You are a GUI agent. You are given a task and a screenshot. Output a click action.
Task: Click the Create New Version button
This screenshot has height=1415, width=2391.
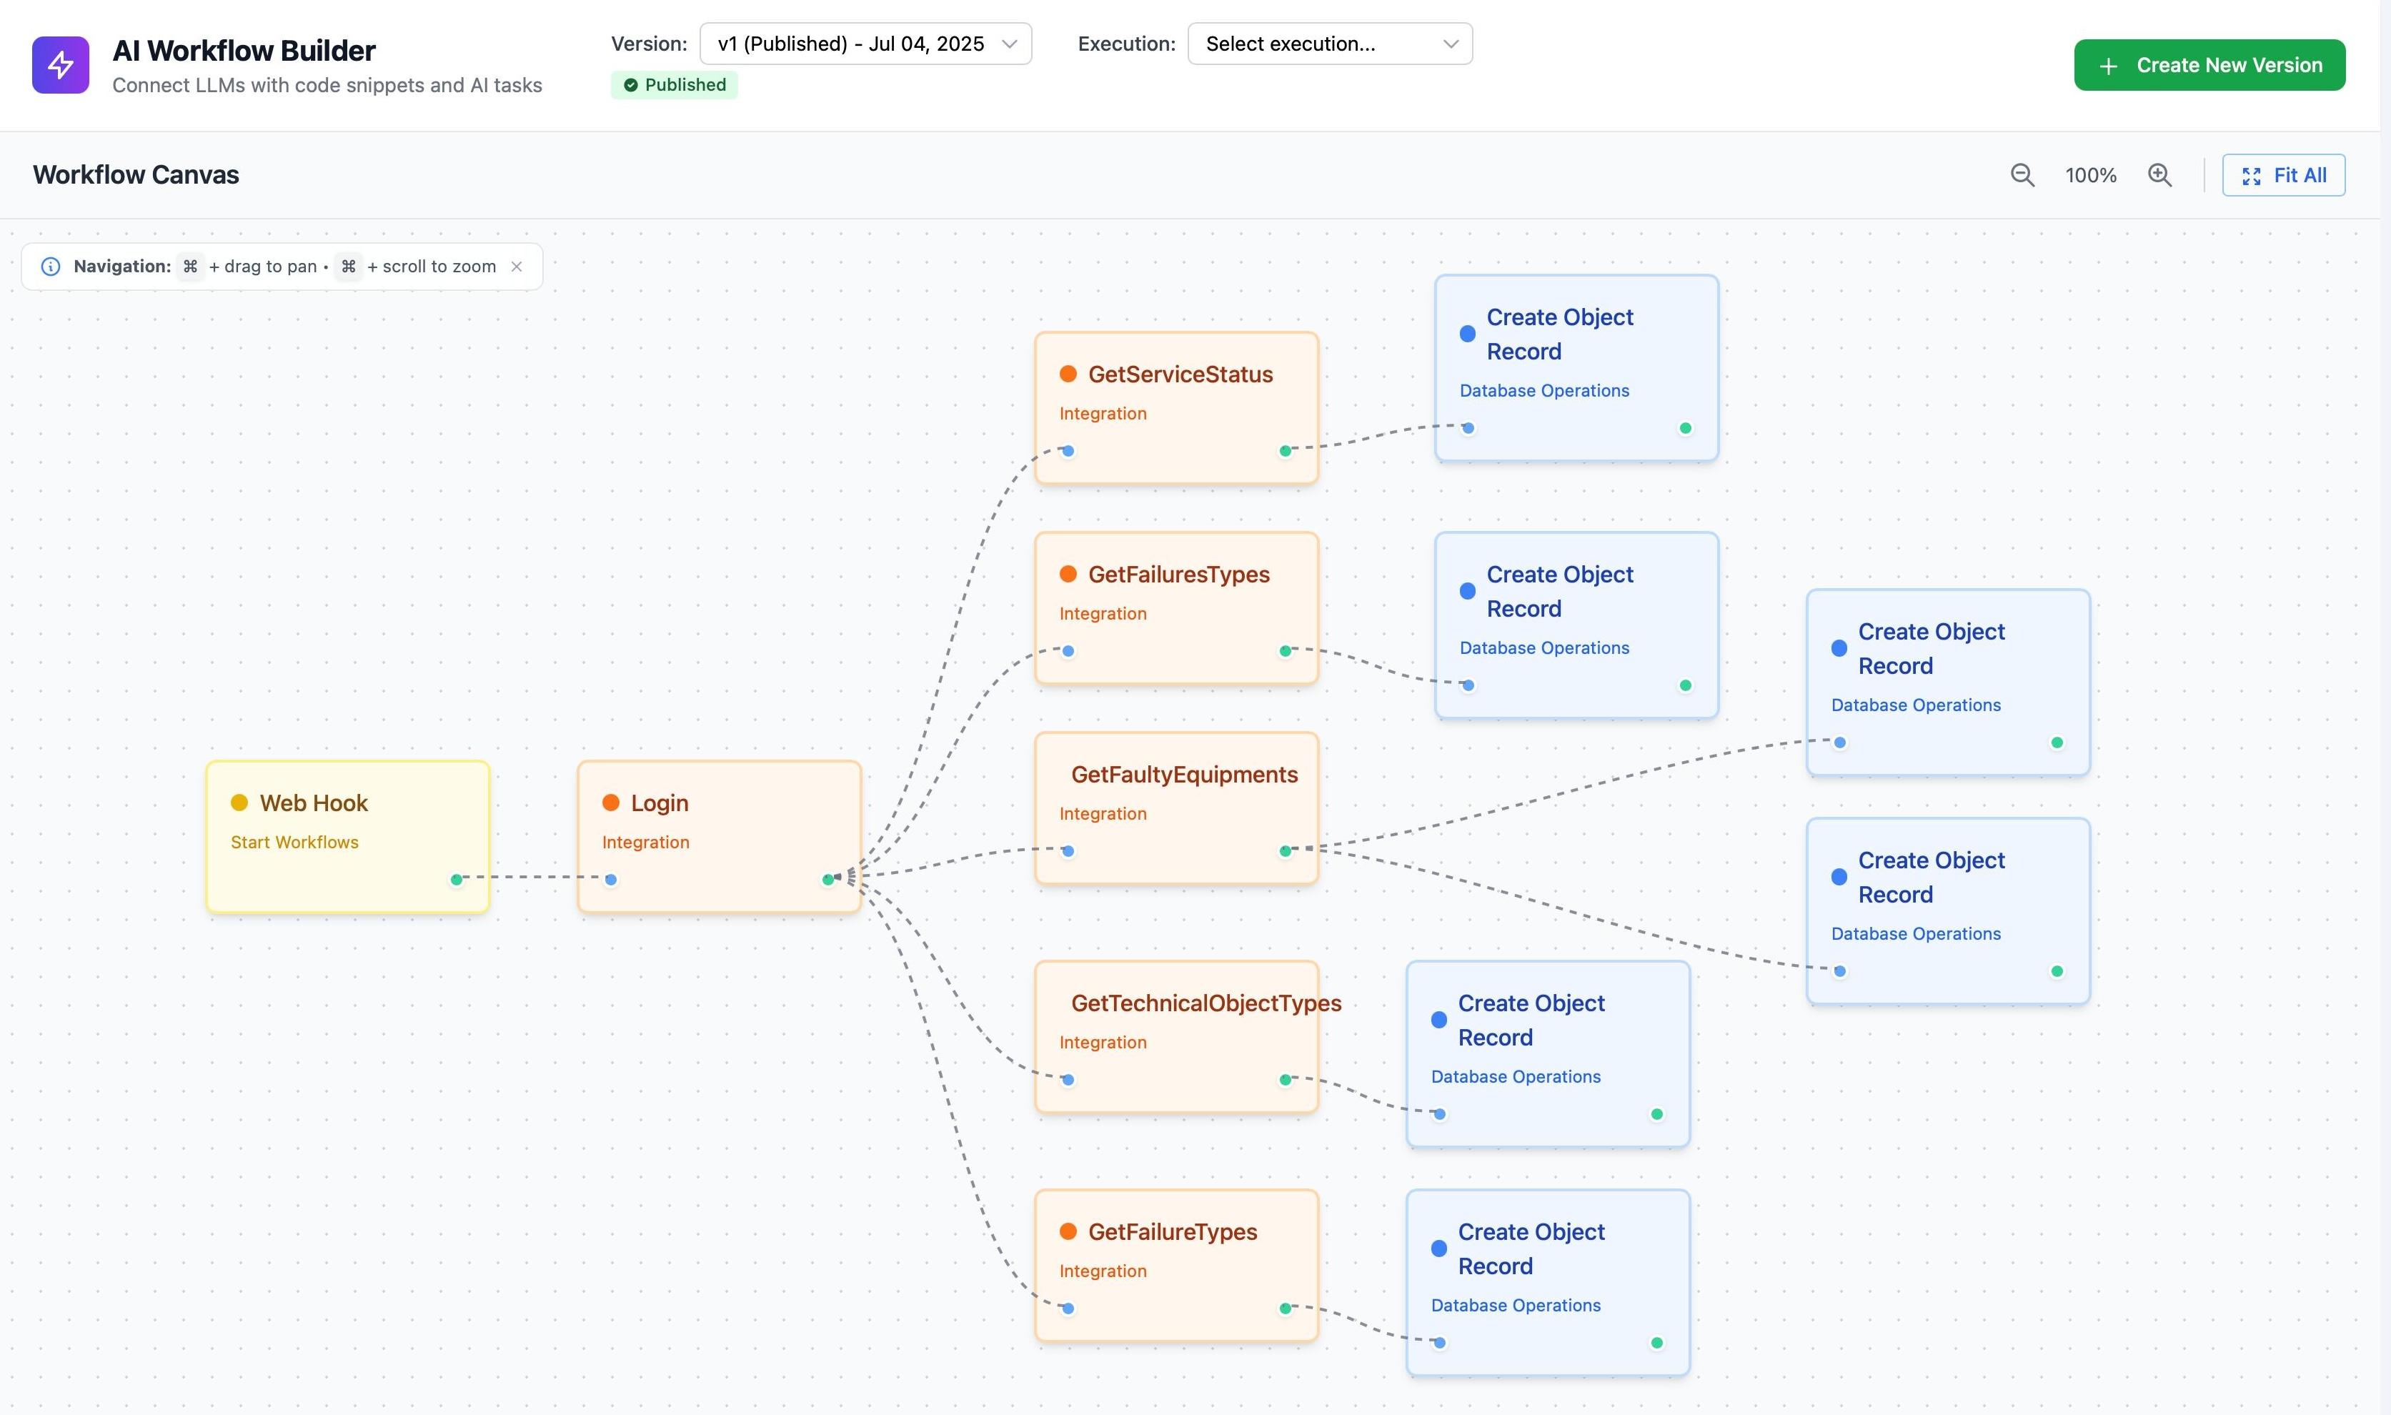[x=2209, y=65]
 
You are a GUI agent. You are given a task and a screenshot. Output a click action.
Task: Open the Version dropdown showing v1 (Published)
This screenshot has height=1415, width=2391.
[x=865, y=44]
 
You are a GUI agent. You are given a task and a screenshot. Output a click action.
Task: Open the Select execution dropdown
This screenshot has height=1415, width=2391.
[x=1329, y=44]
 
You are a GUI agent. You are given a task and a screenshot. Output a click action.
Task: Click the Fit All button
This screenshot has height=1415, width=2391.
[x=2283, y=175]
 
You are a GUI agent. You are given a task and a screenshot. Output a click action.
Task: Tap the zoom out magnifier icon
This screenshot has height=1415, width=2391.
[x=2022, y=175]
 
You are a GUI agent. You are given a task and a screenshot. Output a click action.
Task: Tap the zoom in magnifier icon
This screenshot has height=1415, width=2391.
[x=2159, y=175]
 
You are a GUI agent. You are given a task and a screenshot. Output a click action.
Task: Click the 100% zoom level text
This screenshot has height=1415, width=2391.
[x=2091, y=175]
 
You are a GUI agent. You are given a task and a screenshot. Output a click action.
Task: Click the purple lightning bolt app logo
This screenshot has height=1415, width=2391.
[x=60, y=65]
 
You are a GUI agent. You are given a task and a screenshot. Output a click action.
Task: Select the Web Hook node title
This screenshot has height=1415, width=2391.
[x=314, y=803]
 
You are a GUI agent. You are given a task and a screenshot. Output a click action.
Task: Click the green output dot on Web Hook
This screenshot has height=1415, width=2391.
[x=457, y=879]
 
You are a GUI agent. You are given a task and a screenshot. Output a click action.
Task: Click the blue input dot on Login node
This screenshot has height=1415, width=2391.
[x=611, y=879]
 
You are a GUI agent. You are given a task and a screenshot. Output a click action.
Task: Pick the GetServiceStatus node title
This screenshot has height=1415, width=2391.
[x=1180, y=374]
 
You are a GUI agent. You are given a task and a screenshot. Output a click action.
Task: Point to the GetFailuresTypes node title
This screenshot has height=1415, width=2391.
[x=1178, y=574]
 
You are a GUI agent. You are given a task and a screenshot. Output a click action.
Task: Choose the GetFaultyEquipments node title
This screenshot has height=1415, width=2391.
[x=1184, y=774]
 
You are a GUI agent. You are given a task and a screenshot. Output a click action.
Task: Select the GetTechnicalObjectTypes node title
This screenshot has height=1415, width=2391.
[x=1206, y=1003]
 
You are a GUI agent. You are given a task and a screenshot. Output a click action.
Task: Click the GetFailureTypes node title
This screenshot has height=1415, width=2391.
[x=1173, y=1232]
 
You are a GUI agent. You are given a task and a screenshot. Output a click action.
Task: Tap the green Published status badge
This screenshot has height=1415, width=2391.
[x=674, y=85]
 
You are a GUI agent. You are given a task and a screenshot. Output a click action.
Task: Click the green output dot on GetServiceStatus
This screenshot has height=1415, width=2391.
[x=1285, y=451]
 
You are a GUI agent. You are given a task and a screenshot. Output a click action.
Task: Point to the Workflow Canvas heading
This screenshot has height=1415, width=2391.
[x=135, y=175]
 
